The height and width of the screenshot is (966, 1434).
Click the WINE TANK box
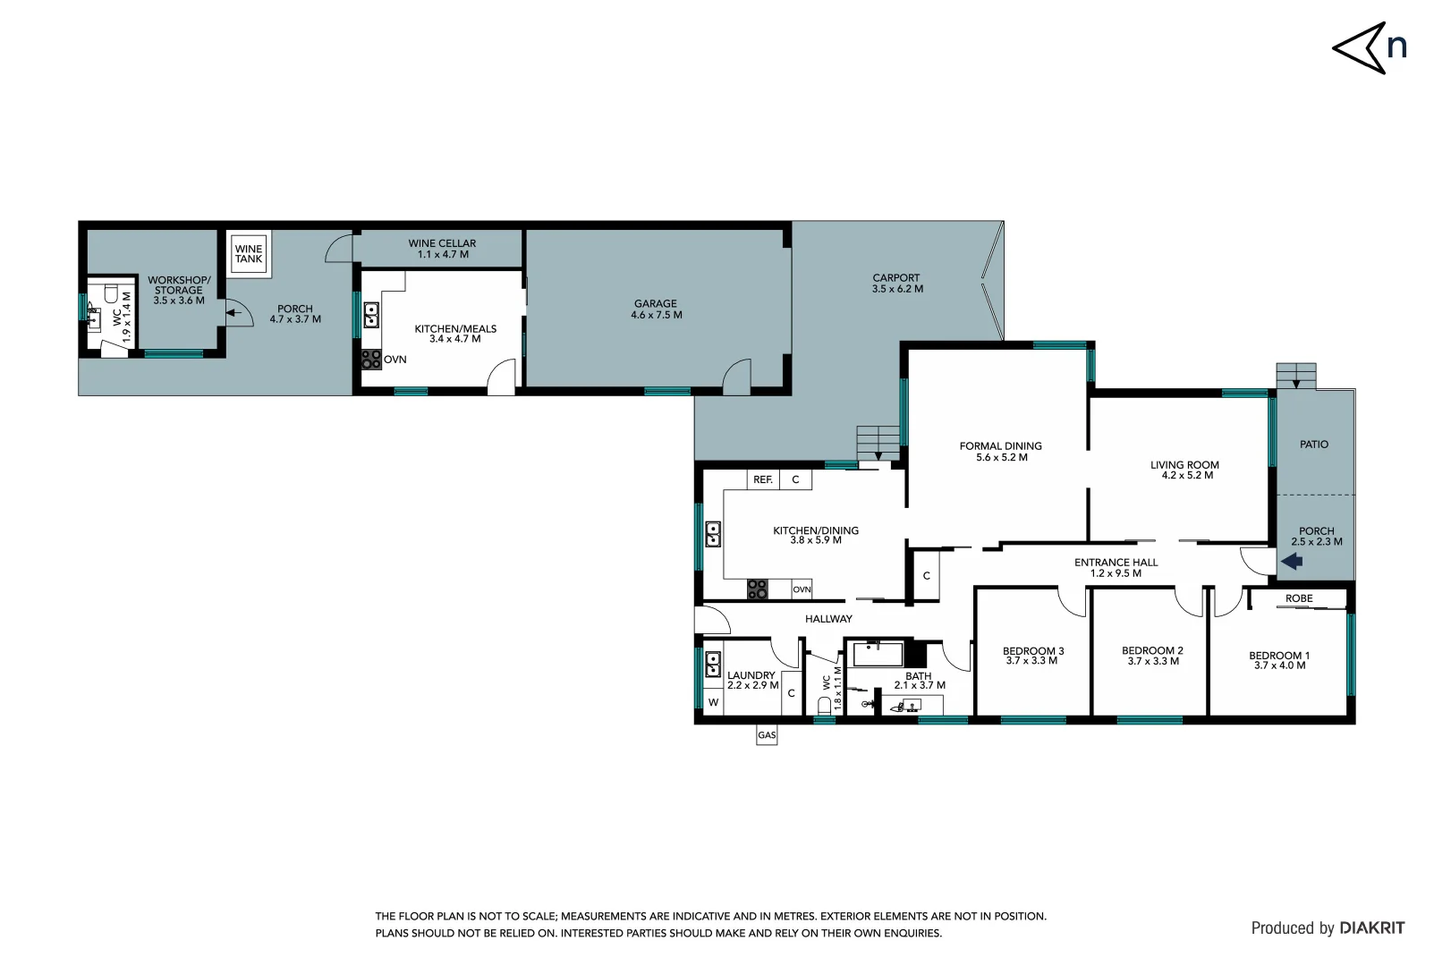(249, 254)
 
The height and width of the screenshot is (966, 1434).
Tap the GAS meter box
(767, 735)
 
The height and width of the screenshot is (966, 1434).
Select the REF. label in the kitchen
(762, 480)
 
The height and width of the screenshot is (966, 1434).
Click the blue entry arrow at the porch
(1291, 562)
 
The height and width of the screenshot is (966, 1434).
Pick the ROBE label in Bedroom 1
(1299, 598)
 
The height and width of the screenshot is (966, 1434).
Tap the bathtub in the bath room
(878, 654)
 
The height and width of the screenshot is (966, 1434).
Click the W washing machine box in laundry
(713, 702)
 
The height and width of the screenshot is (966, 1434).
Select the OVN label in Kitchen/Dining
(802, 589)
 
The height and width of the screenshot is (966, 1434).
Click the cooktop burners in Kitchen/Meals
(370, 360)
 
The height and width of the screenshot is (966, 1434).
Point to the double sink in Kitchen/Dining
(713, 534)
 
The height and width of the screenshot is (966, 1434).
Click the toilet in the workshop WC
(112, 293)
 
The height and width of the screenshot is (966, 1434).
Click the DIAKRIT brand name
(1371, 928)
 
